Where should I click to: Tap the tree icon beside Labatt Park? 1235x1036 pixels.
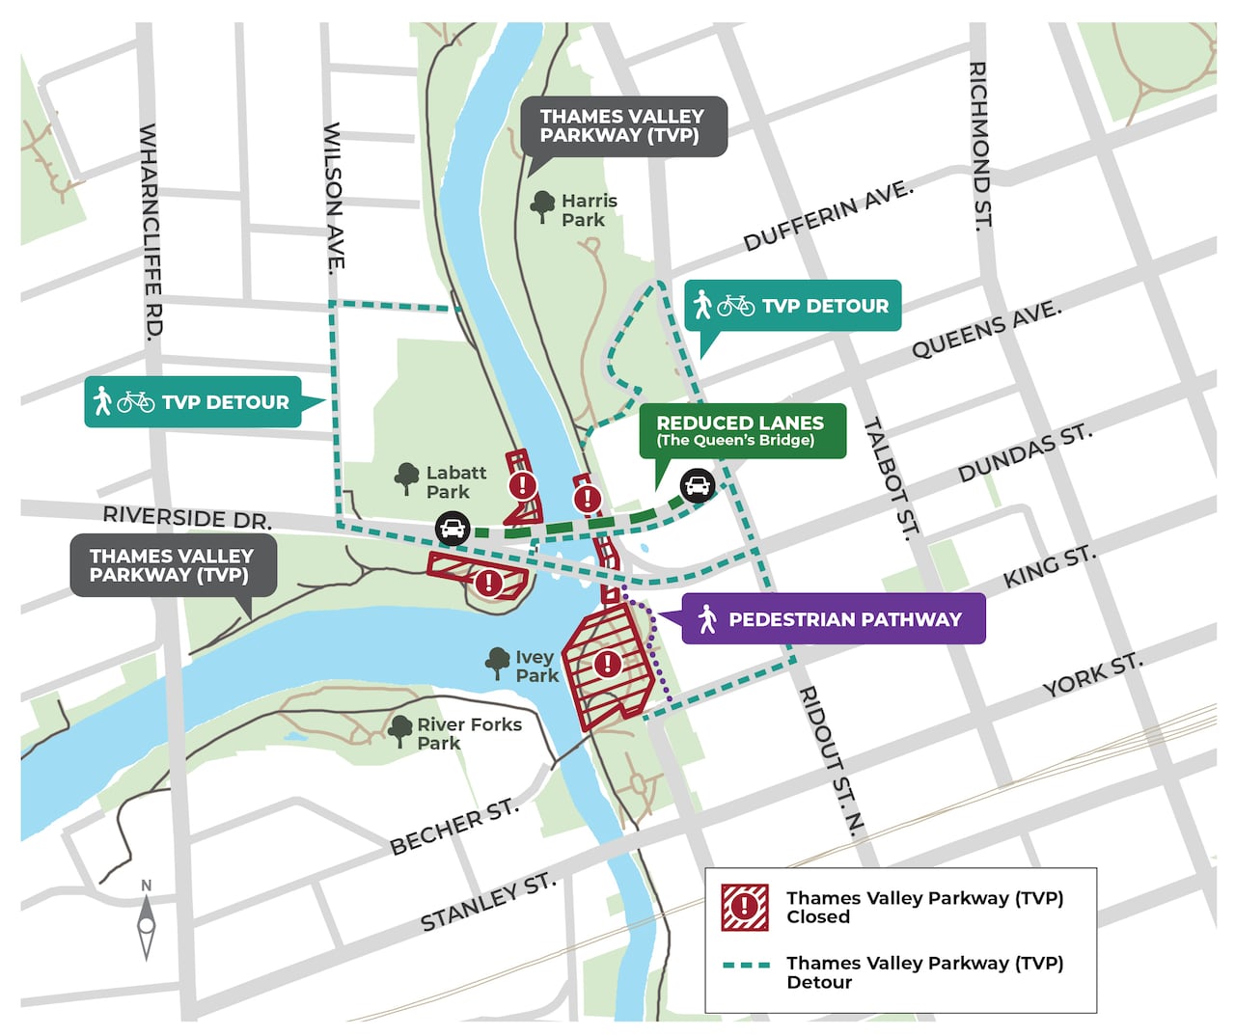tap(406, 478)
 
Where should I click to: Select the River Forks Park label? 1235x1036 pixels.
tap(468, 734)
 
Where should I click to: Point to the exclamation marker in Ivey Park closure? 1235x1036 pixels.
tap(607, 664)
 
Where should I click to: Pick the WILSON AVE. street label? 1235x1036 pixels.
tap(334, 198)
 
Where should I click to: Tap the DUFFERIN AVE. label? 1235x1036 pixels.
tap(828, 216)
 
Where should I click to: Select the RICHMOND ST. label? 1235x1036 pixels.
tap(979, 146)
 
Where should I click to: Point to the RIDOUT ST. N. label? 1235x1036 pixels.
tap(831, 760)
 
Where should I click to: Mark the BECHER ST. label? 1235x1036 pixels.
tap(453, 827)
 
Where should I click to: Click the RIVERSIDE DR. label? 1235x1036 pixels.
tap(187, 517)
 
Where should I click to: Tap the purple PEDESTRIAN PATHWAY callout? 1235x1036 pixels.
tap(834, 619)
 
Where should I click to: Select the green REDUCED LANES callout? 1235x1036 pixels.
tap(741, 430)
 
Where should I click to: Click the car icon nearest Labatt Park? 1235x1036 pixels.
tap(453, 529)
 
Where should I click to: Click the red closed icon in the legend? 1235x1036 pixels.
tap(745, 907)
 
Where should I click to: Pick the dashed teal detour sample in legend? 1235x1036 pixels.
tap(746, 965)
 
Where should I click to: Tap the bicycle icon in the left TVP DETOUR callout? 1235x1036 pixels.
tap(136, 401)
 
